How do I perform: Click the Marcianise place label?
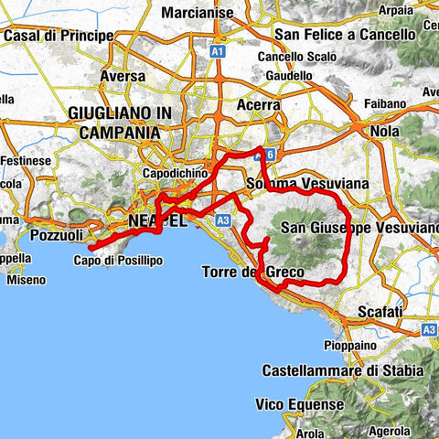pos(197,13)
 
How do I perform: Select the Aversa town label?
pos(122,77)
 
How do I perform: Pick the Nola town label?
pos(384,131)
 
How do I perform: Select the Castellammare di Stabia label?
pos(343,370)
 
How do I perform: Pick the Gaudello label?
pos(291,74)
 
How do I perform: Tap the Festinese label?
pos(24,160)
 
